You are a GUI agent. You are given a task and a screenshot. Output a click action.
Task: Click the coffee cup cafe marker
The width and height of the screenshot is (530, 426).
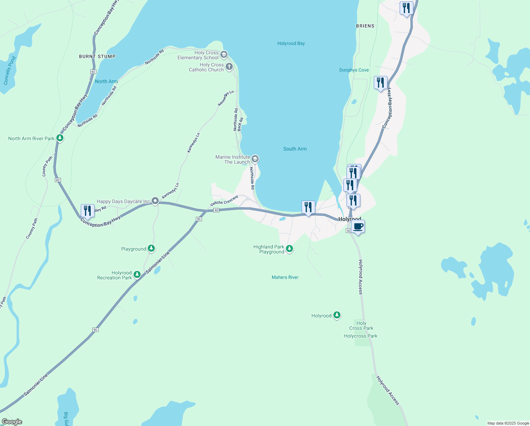[358, 227]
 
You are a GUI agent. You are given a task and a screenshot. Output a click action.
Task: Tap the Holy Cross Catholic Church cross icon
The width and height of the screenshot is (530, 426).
[229, 67]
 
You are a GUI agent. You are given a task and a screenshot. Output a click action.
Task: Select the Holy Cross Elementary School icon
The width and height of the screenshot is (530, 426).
[224, 55]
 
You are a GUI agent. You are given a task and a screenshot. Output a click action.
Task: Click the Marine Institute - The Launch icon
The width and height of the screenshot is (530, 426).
[255, 159]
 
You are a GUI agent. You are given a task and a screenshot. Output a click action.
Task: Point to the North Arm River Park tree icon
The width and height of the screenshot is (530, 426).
[60, 138]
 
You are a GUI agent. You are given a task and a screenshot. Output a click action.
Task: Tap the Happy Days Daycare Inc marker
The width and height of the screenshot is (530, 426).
[155, 201]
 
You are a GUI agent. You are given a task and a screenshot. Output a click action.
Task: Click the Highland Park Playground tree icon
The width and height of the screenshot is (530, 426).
[289, 248]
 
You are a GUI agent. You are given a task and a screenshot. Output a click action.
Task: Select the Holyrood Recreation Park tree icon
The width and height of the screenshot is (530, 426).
[137, 274]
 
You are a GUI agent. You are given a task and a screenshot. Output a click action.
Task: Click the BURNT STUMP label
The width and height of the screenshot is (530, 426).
[97, 56]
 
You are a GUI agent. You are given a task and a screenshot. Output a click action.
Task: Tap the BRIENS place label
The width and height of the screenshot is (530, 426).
[365, 26]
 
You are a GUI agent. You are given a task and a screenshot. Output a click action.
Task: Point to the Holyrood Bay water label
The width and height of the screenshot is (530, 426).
[291, 43]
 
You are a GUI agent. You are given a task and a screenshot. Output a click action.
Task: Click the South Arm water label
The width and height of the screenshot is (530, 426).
[295, 149]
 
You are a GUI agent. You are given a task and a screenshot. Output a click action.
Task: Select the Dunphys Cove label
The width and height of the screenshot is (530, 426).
[354, 70]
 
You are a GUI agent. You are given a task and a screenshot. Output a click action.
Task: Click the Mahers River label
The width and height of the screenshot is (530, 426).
[285, 277]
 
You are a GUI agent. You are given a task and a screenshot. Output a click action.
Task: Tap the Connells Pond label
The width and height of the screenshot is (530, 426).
[10, 70]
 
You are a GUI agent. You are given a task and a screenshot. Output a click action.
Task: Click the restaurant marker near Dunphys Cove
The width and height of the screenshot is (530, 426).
[380, 83]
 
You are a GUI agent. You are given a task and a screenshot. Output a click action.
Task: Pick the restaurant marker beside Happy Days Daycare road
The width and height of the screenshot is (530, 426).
[88, 211]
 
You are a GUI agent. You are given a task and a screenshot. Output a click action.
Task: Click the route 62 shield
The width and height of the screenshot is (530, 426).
[349, 231]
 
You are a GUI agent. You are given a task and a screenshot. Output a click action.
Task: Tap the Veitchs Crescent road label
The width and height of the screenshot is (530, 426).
[224, 201]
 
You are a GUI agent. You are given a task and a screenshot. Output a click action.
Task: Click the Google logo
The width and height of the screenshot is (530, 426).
[12, 421]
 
